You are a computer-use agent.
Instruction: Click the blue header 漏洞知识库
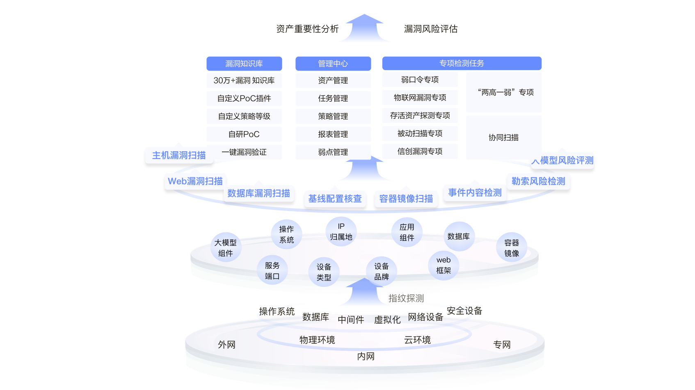[244, 63]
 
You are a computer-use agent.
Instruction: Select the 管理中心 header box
[333, 63]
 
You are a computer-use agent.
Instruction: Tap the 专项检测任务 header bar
[462, 63]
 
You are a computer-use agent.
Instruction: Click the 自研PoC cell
[244, 134]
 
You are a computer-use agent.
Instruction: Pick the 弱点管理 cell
[333, 152]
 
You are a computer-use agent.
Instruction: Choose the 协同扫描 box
[503, 138]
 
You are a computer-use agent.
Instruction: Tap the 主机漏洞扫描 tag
[179, 155]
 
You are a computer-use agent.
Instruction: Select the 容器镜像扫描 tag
[406, 199]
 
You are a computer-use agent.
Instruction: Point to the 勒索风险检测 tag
[538, 181]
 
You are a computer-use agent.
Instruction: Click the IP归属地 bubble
[341, 231]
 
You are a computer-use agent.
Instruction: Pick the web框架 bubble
[444, 265]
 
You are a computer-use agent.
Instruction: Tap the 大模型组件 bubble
[225, 248]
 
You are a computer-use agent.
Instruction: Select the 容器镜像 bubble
[512, 248]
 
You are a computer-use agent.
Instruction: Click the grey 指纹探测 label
[406, 298]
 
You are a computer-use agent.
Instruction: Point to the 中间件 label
[351, 320]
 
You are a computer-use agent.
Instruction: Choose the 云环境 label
[417, 340]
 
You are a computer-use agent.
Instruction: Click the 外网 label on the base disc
[226, 345]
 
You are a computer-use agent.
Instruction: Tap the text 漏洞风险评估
[431, 29]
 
